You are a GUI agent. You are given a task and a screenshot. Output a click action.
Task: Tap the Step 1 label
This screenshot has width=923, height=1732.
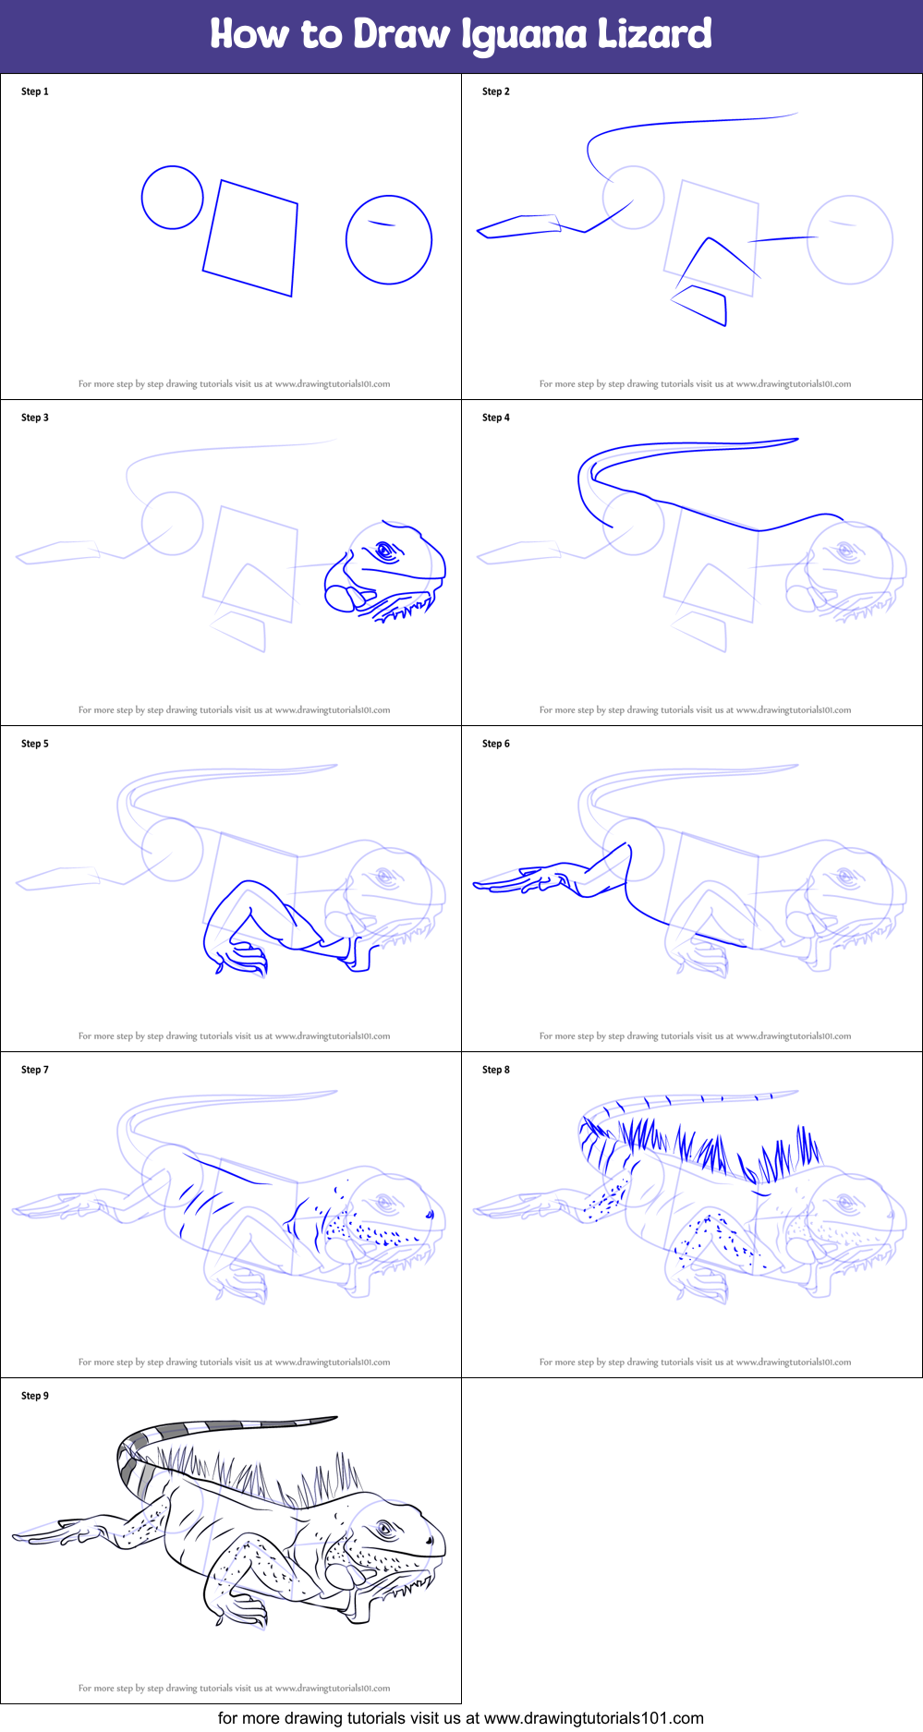point(35,91)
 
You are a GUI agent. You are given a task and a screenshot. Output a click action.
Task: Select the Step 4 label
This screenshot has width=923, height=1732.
point(496,418)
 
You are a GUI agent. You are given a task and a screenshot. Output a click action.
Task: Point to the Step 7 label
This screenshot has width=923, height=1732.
point(35,1070)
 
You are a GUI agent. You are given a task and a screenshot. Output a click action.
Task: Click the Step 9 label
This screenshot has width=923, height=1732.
point(35,1396)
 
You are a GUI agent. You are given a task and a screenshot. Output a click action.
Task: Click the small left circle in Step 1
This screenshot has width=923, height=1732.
point(172,198)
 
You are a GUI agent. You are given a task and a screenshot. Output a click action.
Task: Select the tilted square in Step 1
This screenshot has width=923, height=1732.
point(250,238)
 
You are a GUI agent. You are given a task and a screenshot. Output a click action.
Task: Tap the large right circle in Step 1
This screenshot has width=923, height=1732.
point(389,239)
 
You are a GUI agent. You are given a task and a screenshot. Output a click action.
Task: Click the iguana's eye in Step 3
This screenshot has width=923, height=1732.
point(385,552)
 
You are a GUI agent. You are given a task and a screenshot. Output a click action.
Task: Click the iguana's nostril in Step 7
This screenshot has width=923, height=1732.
point(430,1214)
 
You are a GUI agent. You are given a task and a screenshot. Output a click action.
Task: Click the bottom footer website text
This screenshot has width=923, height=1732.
point(461,1718)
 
